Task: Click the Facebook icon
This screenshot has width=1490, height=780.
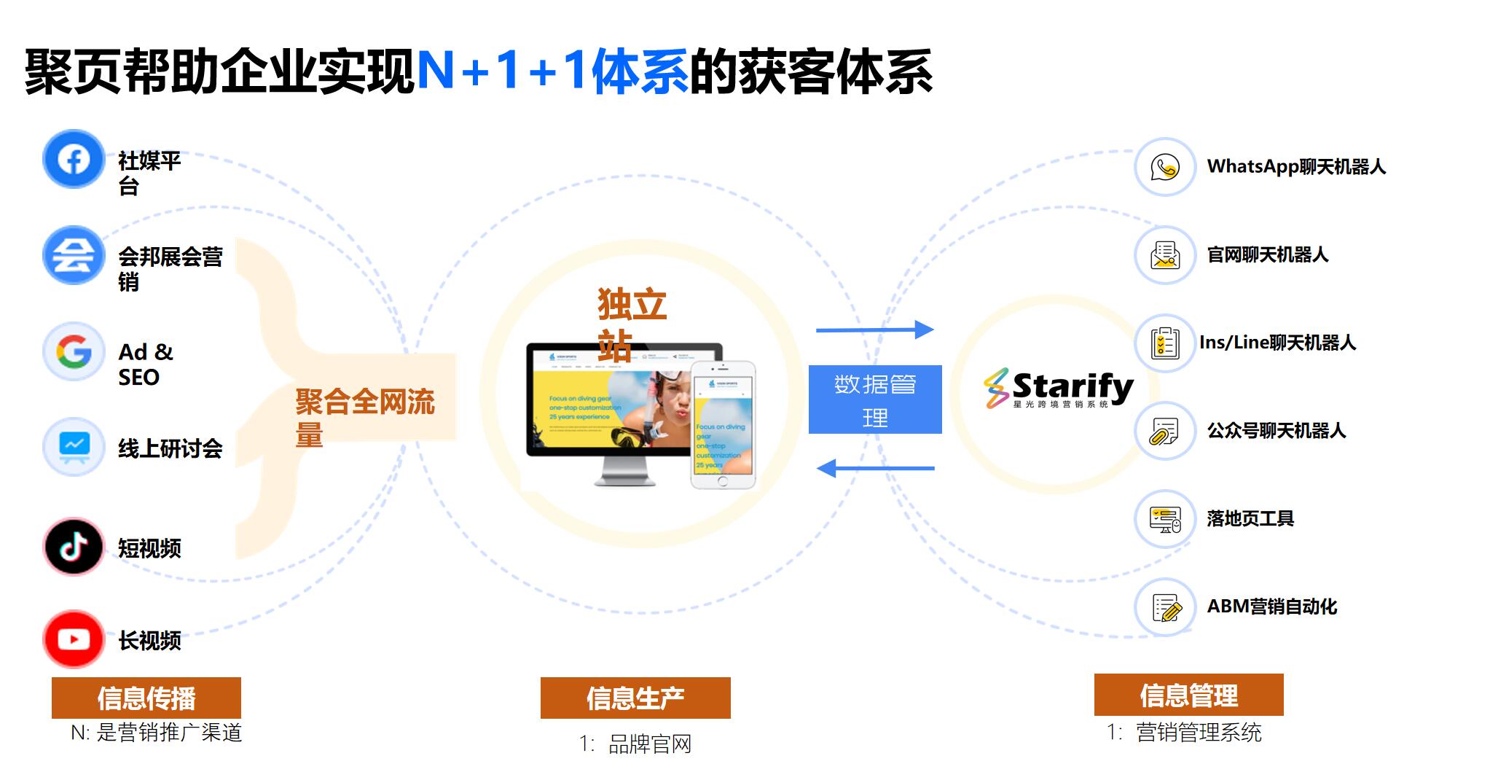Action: pos(73,159)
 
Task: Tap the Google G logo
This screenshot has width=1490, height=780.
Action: pos(74,352)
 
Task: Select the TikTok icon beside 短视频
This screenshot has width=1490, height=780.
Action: pos(73,547)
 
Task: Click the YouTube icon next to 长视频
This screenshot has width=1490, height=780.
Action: pos(73,639)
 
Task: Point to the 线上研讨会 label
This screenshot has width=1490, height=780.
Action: pos(170,448)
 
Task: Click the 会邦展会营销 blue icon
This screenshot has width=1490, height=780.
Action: pos(73,255)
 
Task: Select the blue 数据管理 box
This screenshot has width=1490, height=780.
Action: pos(874,399)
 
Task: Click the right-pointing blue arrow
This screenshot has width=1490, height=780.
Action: pos(874,329)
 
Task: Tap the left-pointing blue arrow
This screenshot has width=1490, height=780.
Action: pos(874,468)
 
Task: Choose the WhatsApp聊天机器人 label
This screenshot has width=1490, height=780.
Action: pos(1295,167)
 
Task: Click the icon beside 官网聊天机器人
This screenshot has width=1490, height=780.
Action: pos(1164,255)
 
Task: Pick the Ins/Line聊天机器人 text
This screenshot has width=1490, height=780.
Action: pos(1277,343)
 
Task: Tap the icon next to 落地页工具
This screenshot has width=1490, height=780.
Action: pos(1164,519)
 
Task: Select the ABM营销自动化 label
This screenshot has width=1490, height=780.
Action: pos(1271,607)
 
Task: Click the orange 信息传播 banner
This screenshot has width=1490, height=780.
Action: pos(146,698)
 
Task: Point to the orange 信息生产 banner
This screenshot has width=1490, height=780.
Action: pos(635,698)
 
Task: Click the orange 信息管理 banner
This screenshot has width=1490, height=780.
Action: pos(1188,695)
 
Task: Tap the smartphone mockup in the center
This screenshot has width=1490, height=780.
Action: pos(722,425)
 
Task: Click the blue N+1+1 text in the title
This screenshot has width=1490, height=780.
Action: pos(503,71)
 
